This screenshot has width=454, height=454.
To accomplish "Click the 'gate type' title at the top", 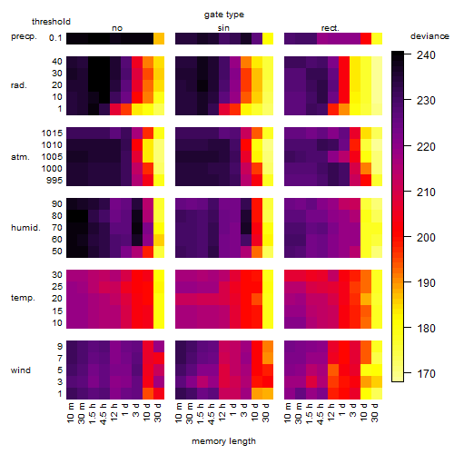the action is [x=224, y=15].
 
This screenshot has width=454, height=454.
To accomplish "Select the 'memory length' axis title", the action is [x=223, y=441].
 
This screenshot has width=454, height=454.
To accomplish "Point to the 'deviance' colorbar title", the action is [x=429, y=36].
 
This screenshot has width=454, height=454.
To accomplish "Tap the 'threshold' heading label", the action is [x=51, y=22].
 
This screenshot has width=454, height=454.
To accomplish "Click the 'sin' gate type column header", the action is [x=223, y=28].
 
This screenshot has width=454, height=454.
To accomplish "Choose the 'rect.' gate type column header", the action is [x=331, y=28].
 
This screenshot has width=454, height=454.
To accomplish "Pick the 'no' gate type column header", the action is [x=117, y=28].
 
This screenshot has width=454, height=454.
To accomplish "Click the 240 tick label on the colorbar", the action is [x=426, y=55].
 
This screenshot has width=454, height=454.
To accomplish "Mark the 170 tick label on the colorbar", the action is [x=426, y=374].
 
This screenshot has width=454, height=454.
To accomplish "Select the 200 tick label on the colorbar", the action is [x=426, y=238].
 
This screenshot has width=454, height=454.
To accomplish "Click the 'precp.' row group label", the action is [x=24, y=36].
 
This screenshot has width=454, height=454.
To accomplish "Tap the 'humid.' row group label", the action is [x=25, y=228].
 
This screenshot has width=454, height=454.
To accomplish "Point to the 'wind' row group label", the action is [x=21, y=370].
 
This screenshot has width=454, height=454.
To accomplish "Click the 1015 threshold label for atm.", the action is [x=52, y=133].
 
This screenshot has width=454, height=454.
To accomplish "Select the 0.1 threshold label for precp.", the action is [x=55, y=38].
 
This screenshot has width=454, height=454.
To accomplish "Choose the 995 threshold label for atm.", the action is [x=54, y=181].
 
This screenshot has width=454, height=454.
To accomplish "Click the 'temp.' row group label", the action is [x=23, y=298].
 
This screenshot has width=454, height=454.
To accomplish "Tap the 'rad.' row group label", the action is [x=19, y=85].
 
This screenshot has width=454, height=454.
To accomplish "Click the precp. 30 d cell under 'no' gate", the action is [x=159, y=39].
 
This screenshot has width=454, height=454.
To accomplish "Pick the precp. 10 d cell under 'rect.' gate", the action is [x=366, y=39].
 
